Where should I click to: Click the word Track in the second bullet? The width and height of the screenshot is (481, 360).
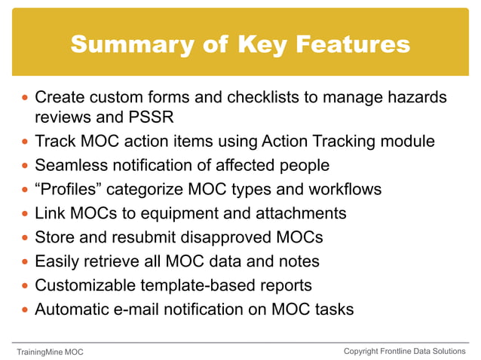click(x=56, y=141)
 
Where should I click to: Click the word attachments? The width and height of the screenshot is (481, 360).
click(x=305, y=213)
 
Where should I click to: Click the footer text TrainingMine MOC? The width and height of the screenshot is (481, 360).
click(x=51, y=352)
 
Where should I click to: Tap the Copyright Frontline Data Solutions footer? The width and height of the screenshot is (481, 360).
click(x=405, y=351)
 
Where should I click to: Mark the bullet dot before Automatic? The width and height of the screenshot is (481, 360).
click(x=25, y=310)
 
